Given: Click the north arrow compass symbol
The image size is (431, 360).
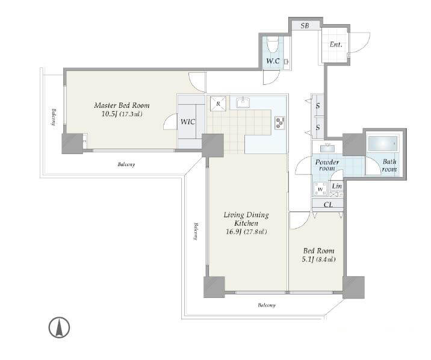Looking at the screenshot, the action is [x=59, y=327].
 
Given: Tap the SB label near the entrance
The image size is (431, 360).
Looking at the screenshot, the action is [x=305, y=25].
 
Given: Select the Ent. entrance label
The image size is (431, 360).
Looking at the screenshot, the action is [x=336, y=44].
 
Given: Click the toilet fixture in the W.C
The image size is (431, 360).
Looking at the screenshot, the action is [x=273, y=45].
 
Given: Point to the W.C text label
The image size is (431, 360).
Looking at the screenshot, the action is [x=273, y=61].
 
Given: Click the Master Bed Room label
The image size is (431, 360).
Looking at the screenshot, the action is [x=122, y=105].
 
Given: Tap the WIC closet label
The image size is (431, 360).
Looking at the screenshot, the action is [x=188, y=122].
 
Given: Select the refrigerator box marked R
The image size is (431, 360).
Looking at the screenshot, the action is [x=218, y=104].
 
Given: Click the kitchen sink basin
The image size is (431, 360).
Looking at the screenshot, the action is [x=243, y=102].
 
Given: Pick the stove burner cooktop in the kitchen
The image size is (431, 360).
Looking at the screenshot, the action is [x=280, y=123].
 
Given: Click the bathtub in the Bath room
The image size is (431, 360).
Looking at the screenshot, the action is [x=383, y=143].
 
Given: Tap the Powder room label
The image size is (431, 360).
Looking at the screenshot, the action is [x=327, y=165].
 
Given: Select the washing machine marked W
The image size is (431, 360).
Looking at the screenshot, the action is [x=321, y=189].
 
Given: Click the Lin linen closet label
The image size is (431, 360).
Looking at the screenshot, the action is [x=336, y=186].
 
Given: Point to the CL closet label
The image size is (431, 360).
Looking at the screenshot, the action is [x=329, y=205].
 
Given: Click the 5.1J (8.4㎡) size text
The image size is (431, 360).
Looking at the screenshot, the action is [x=318, y=259].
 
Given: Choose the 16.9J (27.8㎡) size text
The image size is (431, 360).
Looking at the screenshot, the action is [x=246, y=232].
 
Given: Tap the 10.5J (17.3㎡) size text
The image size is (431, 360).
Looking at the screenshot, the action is [x=122, y=114].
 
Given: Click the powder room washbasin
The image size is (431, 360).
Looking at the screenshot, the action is [x=327, y=147].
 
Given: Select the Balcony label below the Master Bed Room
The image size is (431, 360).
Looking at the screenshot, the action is [x=126, y=164].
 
